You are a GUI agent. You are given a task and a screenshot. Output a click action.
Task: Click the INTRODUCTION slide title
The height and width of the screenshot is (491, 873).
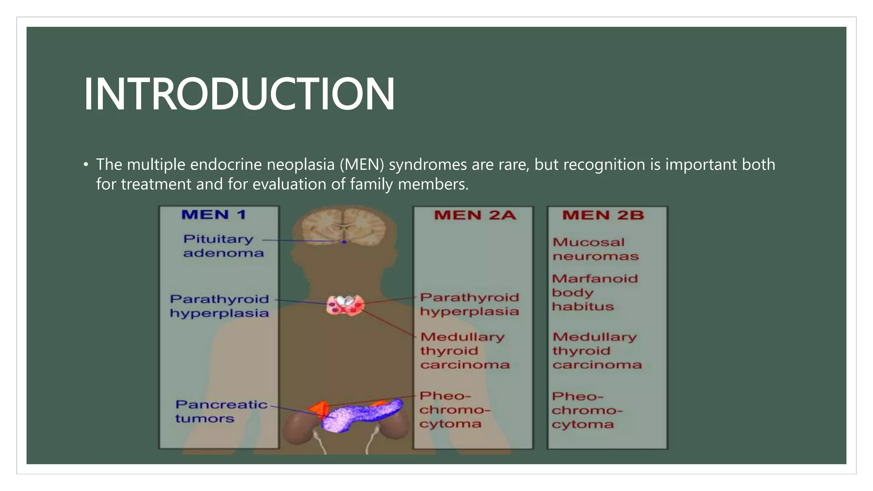pos(239,94)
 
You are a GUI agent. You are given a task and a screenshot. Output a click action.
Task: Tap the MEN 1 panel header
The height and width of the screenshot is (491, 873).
pos(214,214)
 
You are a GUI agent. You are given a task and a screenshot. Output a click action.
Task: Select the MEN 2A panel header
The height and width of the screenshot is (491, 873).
pos(474,215)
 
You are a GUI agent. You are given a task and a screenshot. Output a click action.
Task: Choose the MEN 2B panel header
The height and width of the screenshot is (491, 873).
pos(603,215)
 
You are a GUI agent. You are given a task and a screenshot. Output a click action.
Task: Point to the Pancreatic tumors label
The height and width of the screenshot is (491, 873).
pos(221,411)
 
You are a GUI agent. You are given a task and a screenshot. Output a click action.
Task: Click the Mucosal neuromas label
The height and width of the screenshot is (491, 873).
pos(595,249)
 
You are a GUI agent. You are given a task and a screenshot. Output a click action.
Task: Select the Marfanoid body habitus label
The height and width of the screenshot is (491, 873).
pos(594,292)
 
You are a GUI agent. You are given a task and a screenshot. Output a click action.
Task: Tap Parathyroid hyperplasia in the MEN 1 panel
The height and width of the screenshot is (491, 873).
pos(219,306)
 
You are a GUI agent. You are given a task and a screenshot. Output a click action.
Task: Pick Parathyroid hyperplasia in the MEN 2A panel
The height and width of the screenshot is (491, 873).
pos(469,304)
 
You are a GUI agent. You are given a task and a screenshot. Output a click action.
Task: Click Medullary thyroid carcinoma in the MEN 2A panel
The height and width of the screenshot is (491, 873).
pos(464,351)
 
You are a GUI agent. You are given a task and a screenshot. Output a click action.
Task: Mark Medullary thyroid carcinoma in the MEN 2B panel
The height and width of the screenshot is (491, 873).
pos(596,351)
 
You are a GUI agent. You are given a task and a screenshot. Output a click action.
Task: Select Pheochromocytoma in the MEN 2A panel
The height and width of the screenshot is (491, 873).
pos(454,410)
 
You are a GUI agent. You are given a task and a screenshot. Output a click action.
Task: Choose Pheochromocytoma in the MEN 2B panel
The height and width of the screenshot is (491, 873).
pos(587,410)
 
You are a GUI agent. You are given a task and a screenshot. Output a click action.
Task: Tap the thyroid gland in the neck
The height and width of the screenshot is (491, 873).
pos(345,306)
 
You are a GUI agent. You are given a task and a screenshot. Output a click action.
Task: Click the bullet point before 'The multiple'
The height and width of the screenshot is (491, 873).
pos(86,165)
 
